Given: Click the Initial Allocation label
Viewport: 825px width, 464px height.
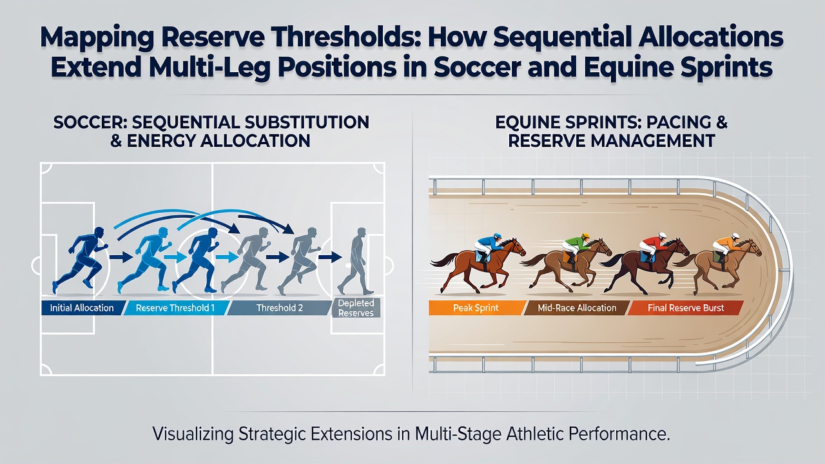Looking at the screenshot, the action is point(82,308).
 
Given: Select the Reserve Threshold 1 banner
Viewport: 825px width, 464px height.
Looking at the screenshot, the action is point(176,308).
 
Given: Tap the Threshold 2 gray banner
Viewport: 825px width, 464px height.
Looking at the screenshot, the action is point(280,308).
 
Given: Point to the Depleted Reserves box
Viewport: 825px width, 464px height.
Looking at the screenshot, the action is point(356,308).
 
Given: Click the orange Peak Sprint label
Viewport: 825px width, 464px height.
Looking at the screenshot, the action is point(476,308).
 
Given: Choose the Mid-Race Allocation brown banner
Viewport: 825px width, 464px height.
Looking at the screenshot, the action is point(577,308).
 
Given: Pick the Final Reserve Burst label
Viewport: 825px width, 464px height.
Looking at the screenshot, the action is point(685,308).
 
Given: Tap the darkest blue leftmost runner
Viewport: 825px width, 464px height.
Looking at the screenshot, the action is point(81,260).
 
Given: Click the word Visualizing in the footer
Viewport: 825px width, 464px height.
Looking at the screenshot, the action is point(193,434).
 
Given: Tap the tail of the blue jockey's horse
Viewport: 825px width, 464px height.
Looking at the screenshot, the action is point(443,260).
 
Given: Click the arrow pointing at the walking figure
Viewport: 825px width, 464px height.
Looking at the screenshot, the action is point(330,256).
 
